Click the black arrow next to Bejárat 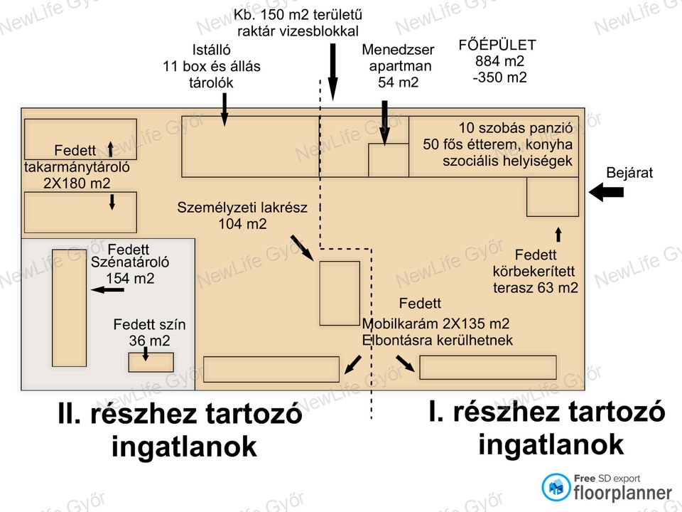(606, 192)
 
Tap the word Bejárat (629, 173)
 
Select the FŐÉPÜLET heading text (497, 45)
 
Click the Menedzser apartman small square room (388, 160)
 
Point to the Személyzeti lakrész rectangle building (339, 293)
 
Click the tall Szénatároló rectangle (69, 307)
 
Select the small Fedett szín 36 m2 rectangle (151, 362)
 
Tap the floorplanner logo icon (556, 487)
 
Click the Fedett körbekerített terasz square (552, 197)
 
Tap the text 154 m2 (129, 279)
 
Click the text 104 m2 (242, 224)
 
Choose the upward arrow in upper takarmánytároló (111, 149)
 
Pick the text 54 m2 (398, 82)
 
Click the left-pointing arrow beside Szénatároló (107, 290)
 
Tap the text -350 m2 (500, 78)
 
